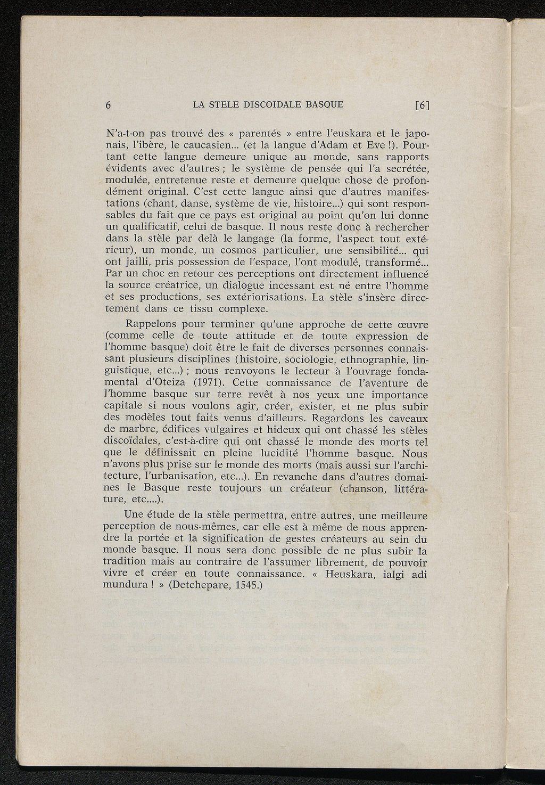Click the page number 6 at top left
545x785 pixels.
(108, 105)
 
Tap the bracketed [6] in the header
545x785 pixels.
(422, 105)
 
